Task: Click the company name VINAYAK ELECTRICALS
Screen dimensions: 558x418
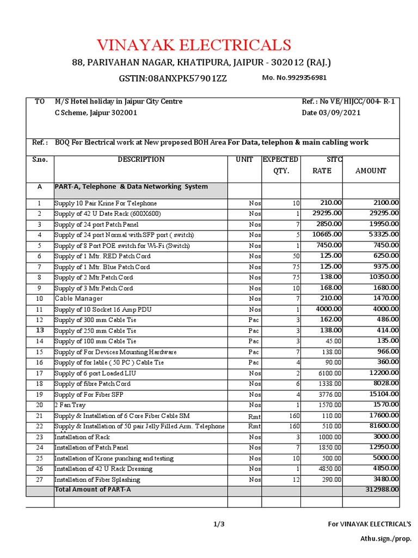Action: (x=194, y=45)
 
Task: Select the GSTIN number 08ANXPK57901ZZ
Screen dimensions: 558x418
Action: (x=173, y=78)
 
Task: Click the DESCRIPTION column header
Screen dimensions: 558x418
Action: (x=141, y=160)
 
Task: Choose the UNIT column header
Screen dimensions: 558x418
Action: (x=244, y=160)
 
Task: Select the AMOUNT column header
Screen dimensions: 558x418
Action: (x=371, y=171)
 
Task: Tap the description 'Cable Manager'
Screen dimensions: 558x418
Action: (x=78, y=299)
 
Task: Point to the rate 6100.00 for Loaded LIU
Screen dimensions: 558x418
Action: (x=330, y=373)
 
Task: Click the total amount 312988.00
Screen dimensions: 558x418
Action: (x=380, y=489)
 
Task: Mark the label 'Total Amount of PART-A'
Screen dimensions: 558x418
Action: (x=93, y=489)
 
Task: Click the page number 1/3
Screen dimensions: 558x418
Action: (x=219, y=524)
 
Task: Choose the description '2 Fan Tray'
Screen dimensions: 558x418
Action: (x=70, y=405)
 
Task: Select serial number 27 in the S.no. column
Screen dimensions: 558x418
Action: (x=39, y=480)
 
